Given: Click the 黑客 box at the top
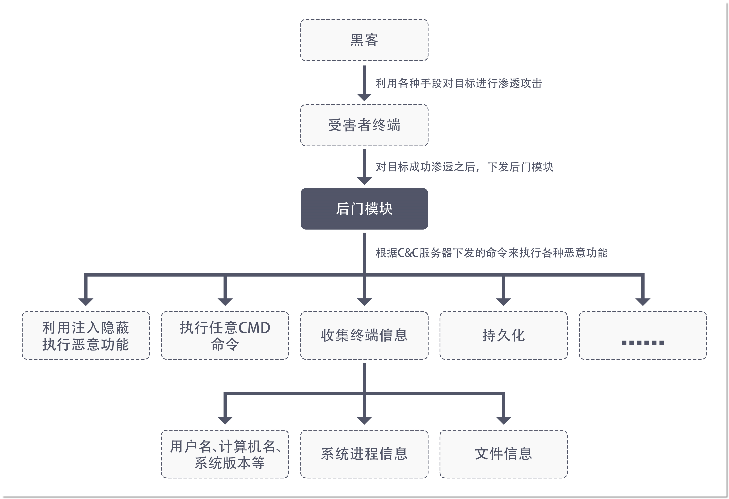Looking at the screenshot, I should pos(364,40).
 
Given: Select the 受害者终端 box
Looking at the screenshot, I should pos(364,125).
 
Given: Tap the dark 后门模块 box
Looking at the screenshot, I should pos(364,209).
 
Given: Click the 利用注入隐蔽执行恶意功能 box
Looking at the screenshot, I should pos(86,335).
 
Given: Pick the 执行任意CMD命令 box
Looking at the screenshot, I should pos(225,335).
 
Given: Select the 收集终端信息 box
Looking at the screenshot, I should pos(364,335).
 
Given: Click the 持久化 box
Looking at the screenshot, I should pos(503,335).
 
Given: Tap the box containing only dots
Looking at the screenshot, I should pos(643,335).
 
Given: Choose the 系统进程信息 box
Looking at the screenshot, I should pos(364,454).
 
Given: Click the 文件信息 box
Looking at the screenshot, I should pos(503,454).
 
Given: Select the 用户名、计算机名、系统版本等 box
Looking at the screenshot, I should pos(225,454).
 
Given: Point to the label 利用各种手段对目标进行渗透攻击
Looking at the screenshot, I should pos(459,83).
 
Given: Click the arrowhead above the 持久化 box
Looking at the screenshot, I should pos(503,302).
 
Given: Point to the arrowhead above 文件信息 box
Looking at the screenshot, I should pos(503,420).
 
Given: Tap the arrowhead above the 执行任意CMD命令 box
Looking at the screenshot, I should pos(225,302).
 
